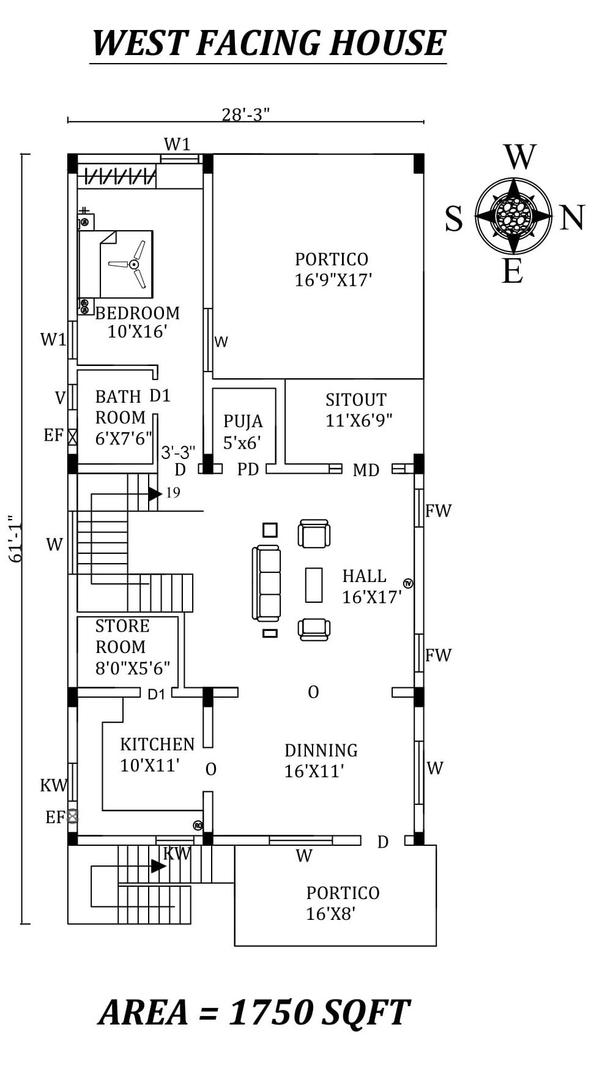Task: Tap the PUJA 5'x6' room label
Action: click(x=243, y=431)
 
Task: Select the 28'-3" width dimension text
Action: click(x=245, y=114)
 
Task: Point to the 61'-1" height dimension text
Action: click(x=15, y=539)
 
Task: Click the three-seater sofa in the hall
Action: click(x=266, y=583)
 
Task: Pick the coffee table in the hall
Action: click(x=314, y=585)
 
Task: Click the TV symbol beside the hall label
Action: click(x=408, y=583)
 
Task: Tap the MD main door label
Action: click(x=366, y=470)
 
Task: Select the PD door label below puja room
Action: click(x=248, y=469)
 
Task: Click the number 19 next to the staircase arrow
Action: click(x=173, y=493)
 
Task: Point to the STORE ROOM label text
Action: click(x=122, y=637)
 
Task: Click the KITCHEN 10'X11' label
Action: click(x=157, y=755)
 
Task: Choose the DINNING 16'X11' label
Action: click(x=321, y=761)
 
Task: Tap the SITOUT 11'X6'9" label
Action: click(x=358, y=410)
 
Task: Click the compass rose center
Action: click(x=513, y=215)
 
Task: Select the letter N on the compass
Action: click(x=572, y=218)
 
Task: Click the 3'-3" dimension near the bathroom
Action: click(x=178, y=452)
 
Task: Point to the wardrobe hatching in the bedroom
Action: click(x=119, y=177)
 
